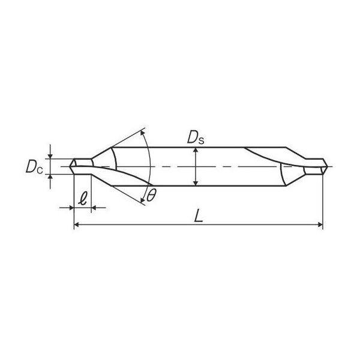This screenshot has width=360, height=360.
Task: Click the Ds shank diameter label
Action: point(196,138)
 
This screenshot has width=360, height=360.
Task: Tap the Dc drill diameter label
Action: point(34,167)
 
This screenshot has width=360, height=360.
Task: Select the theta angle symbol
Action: point(151,196)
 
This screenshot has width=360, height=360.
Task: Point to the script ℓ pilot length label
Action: point(83,199)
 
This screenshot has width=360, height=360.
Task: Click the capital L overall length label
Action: point(199,216)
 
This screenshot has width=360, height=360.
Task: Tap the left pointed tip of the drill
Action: point(70,166)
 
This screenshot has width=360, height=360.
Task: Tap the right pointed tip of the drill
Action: point(328,166)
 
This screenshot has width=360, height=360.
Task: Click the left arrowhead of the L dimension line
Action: point(76,224)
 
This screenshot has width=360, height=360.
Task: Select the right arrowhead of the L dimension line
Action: point(320,224)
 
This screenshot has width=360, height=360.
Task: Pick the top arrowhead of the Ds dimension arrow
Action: point(196,150)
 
